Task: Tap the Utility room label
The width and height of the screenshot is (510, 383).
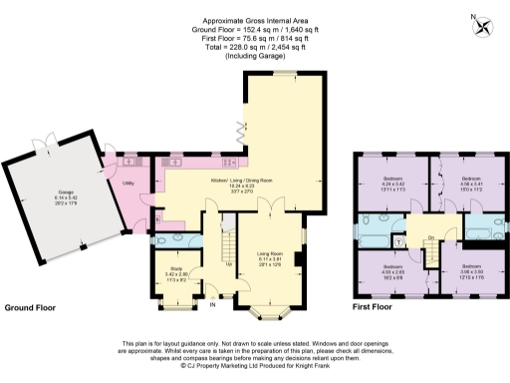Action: coord(128,184)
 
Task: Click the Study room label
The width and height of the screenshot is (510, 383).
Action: coord(173,270)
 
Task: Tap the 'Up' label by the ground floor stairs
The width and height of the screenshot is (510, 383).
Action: coord(231,264)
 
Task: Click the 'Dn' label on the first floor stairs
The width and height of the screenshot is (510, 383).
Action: coord(431,236)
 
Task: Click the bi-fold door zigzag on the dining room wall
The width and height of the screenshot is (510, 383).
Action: coord(238,129)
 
